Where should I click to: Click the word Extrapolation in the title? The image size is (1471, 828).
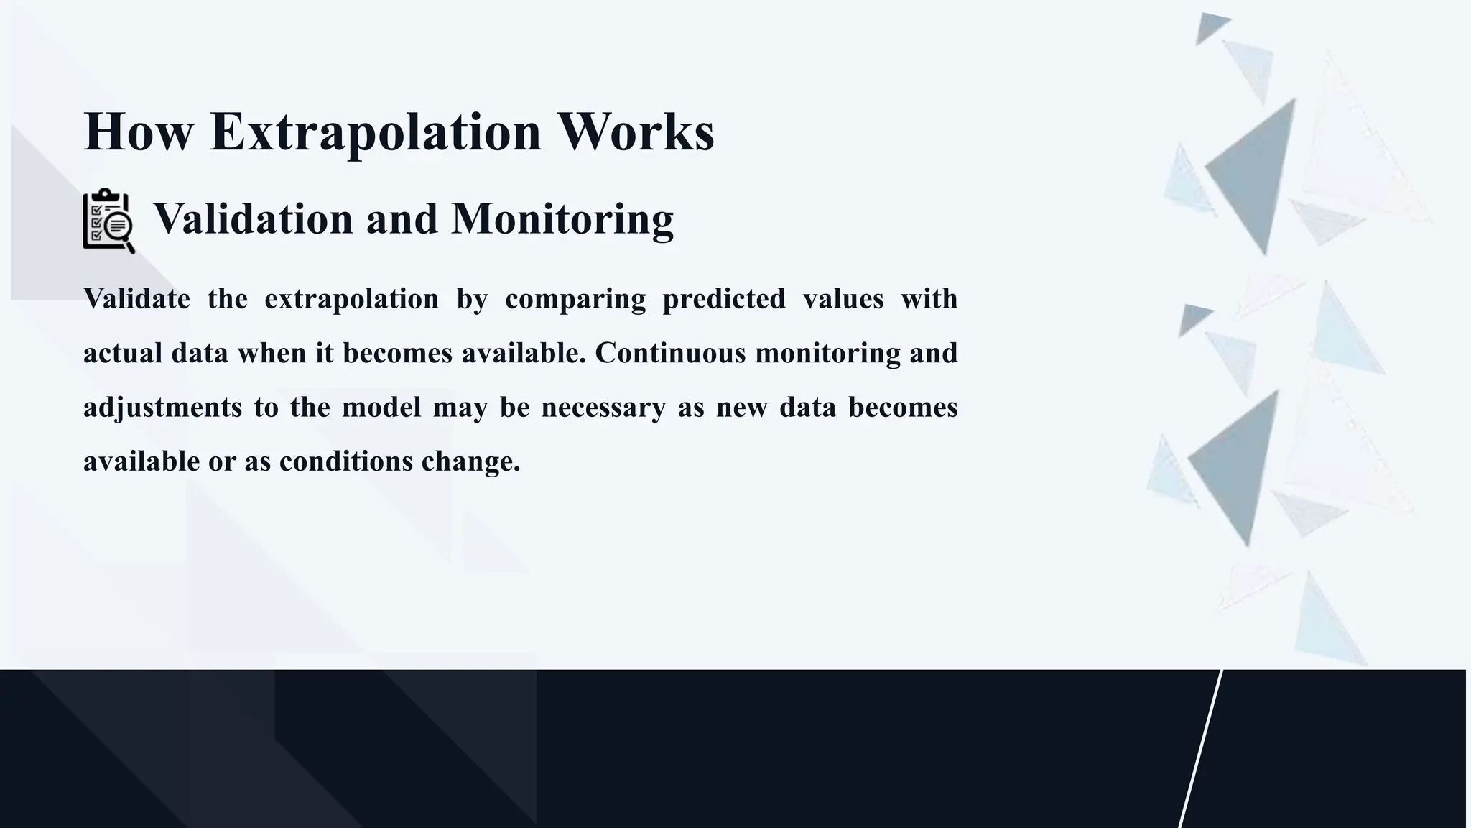click(x=375, y=132)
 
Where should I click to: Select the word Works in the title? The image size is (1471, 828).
click(x=636, y=132)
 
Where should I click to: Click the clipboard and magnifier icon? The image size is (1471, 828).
click(x=108, y=221)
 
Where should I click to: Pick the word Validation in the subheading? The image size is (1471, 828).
click(x=253, y=218)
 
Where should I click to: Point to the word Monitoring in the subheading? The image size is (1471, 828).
click(x=562, y=218)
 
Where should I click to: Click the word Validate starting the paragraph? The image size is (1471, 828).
click(x=136, y=298)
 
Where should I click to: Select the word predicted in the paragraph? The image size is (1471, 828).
click(x=723, y=298)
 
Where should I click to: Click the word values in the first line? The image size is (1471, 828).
click(x=843, y=298)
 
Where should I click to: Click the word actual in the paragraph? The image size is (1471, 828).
click(x=123, y=353)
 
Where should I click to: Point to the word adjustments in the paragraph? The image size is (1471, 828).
click(x=162, y=408)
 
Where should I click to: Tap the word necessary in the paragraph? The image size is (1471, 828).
click(x=603, y=408)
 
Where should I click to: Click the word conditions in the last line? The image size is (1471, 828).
click(x=345, y=461)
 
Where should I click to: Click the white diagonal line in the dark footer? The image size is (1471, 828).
click(x=1200, y=748)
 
